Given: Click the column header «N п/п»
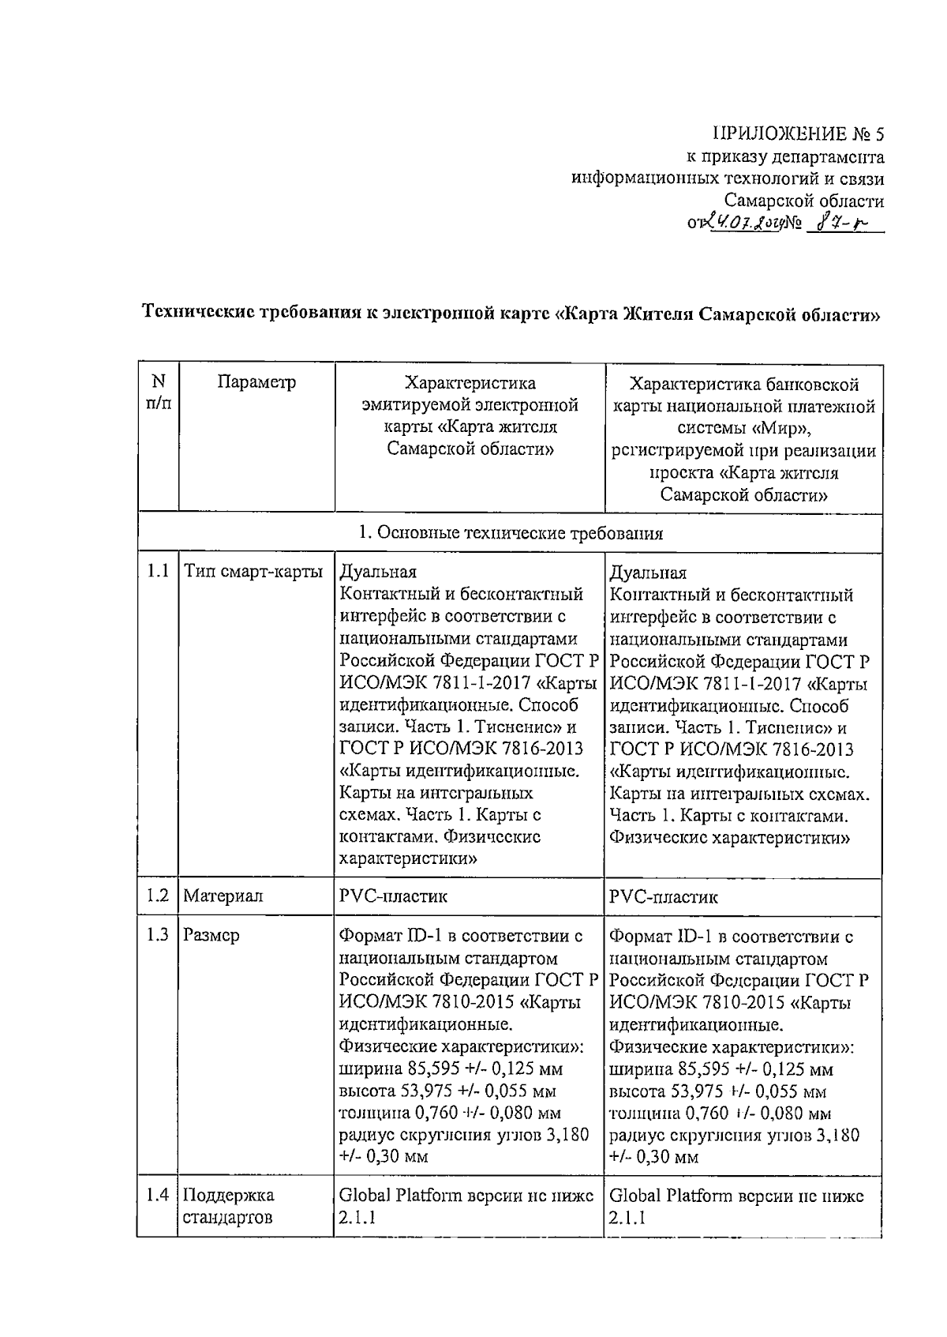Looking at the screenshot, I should pyautogui.click(x=158, y=392).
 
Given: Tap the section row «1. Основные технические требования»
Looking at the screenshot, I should pyautogui.click(x=510, y=533).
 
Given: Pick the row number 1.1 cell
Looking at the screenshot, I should pyautogui.click(x=158, y=571).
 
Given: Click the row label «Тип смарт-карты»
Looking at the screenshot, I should pyautogui.click(x=253, y=572).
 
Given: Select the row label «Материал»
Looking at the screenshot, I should pyautogui.click(x=223, y=896).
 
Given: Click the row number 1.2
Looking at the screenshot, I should pyautogui.click(x=158, y=896).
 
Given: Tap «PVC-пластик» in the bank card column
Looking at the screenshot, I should pyautogui.click(x=664, y=897).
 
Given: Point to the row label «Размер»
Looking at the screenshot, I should pyautogui.click(x=211, y=936).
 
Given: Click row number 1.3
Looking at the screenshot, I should pyautogui.click(x=158, y=935).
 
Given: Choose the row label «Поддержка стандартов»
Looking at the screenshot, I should pyautogui.click(x=229, y=1206).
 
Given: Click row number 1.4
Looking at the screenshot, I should pyautogui.click(x=158, y=1196).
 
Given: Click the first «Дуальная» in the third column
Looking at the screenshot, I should pyautogui.click(x=377, y=572).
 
